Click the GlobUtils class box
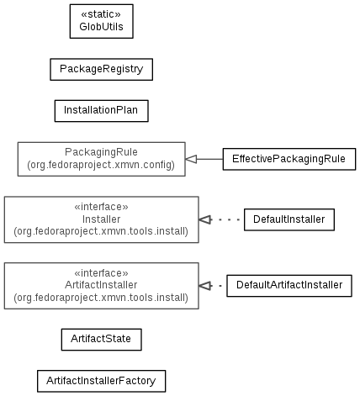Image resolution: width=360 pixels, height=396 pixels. pos(101,21)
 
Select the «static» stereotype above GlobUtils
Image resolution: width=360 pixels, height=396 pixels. pos(101,14)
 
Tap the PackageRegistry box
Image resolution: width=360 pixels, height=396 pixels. pos(101,70)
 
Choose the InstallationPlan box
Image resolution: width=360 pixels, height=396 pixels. pos(101,111)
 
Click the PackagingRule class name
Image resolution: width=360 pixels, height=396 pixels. pos(101,152)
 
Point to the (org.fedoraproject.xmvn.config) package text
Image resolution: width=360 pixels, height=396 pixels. pos(101,165)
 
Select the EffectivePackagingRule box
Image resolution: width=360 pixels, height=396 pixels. pos(289,159)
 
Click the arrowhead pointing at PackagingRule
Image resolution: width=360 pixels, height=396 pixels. pos(191,159)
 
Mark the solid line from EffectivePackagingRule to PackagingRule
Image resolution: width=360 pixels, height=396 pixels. pos(209,159)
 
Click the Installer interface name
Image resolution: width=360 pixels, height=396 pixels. pos(101,219)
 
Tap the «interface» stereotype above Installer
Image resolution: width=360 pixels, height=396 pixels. pos(101,207)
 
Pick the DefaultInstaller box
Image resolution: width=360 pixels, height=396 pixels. pos(289,219)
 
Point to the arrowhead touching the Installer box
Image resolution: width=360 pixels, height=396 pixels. pos(205,219)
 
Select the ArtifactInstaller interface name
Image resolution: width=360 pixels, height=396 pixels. pos(101,285)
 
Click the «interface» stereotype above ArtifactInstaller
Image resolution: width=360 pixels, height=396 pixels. pos(101,273)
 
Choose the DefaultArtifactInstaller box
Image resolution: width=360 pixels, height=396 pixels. pos(289,286)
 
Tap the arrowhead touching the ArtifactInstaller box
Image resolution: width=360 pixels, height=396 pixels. pos(205,286)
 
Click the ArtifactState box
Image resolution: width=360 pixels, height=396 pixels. pos(101,340)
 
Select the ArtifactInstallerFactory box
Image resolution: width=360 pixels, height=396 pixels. pos(101,381)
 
